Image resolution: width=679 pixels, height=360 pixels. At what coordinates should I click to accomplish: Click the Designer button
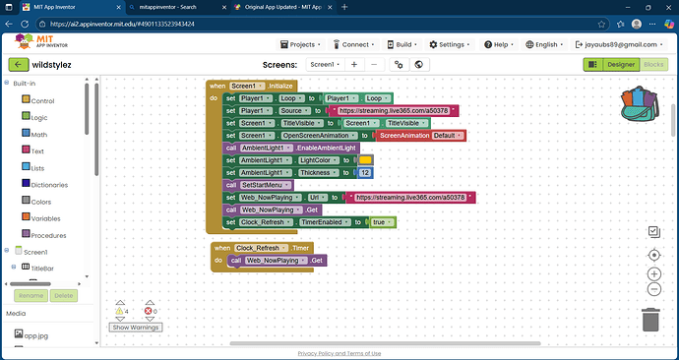click(x=618, y=64)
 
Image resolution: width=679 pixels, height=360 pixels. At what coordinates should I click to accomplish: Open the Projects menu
click(x=303, y=44)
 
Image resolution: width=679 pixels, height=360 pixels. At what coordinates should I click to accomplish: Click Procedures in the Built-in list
click(x=46, y=235)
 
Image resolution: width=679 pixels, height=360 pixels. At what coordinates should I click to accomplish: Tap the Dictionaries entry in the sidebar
click(x=49, y=184)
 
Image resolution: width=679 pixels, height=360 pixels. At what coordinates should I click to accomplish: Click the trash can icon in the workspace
click(x=649, y=320)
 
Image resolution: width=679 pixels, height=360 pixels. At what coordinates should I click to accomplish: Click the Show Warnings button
click(x=135, y=328)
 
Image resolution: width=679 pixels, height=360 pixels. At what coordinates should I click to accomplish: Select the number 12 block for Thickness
click(x=365, y=172)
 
